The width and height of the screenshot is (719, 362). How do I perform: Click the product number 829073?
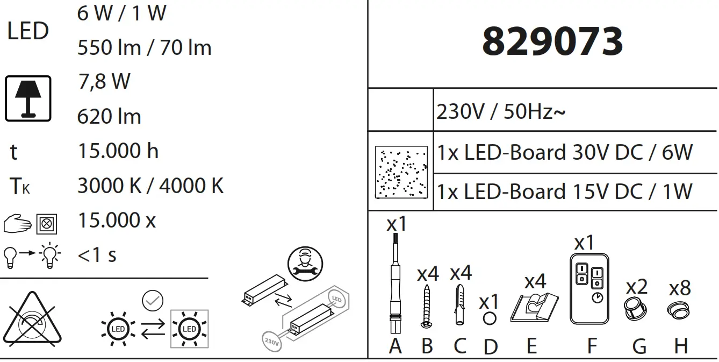pos(552,41)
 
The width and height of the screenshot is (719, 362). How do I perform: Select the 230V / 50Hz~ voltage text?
pos(501,113)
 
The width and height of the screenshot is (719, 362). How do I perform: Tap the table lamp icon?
pos(28,98)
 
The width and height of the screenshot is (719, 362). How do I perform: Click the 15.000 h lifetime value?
pos(118,151)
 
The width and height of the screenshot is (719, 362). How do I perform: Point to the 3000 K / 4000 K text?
pos(150,186)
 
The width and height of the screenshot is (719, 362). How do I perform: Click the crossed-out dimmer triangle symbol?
pos(33,320)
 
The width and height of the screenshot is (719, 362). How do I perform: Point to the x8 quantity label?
pos(680,288)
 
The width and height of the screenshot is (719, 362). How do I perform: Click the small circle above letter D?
pos(489,318)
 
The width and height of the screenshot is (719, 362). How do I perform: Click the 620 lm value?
pos(109,117)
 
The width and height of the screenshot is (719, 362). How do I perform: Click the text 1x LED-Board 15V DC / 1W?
pos(565,192)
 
